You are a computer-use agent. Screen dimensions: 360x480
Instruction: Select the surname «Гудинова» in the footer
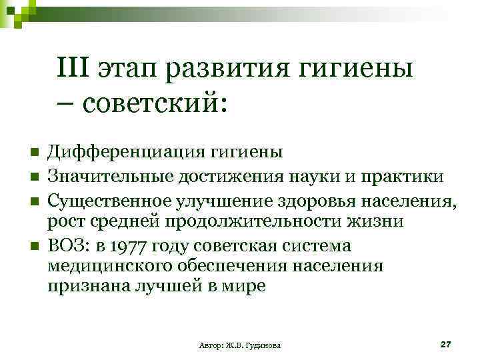coord(262,345)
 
